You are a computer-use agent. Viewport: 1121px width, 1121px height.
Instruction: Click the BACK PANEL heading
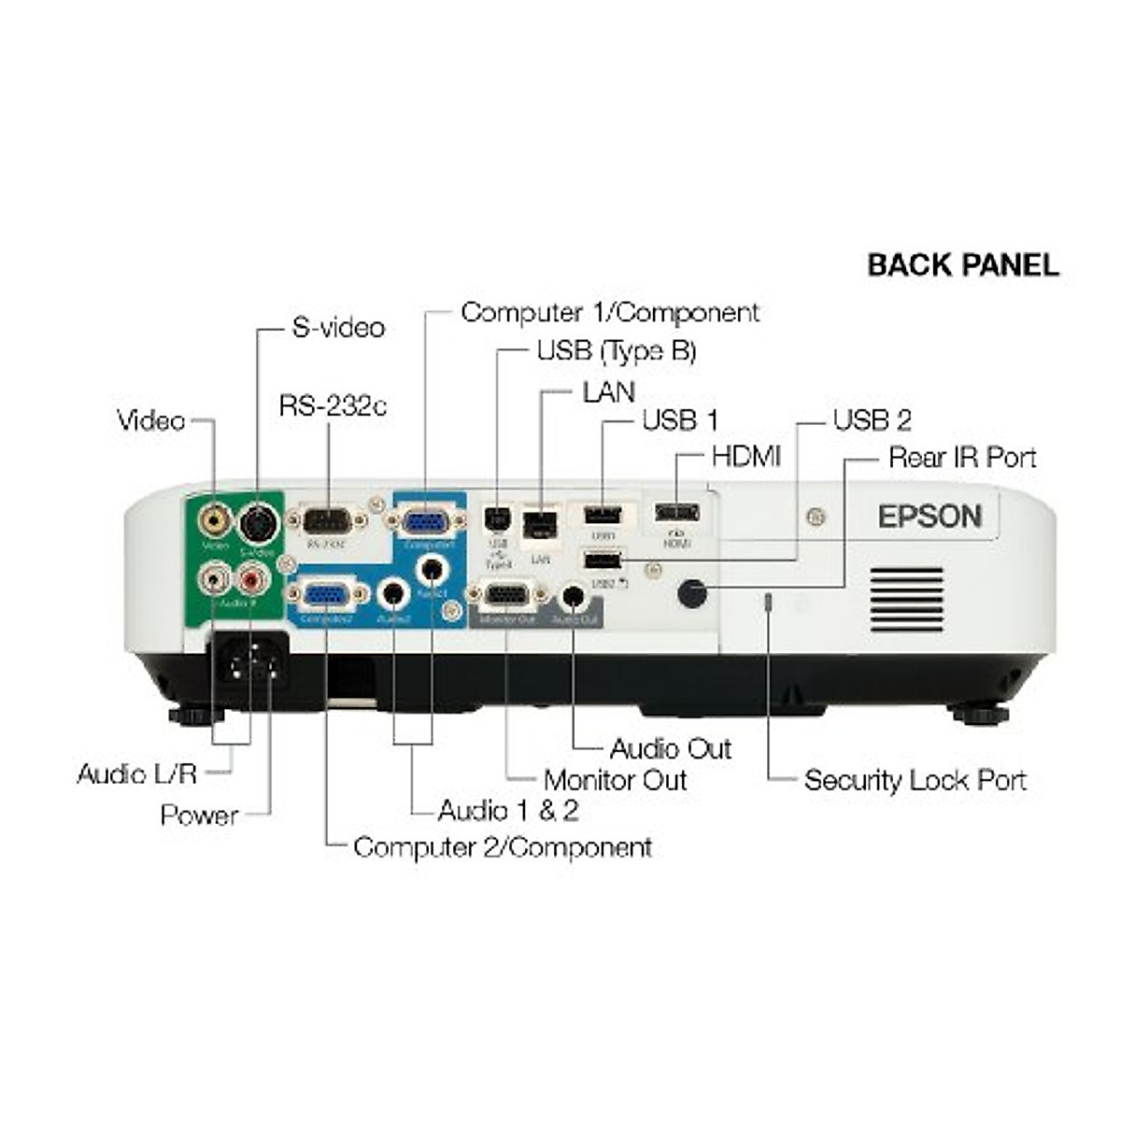[x=963, y=265]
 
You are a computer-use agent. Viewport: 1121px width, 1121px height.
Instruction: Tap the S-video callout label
[x=338, y=328]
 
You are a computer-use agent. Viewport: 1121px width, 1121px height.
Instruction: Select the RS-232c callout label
[x=333, y=406]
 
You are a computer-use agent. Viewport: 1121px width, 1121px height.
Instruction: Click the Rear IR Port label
[x=962, y=458]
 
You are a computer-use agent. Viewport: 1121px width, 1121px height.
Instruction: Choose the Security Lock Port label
[x=915, y=780]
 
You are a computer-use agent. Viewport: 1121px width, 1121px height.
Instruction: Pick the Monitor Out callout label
[x=615, y=780]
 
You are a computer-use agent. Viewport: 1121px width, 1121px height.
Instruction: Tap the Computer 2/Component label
[x=502, y=847]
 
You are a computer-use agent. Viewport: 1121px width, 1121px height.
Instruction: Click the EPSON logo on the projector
[x=929, y=517]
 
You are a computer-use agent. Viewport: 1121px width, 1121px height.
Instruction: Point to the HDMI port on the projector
[x=676, y=512]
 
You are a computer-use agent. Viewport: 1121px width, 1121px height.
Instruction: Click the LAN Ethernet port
[x=538, y=524]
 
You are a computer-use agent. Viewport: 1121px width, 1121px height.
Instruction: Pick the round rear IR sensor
[x=691, y=592]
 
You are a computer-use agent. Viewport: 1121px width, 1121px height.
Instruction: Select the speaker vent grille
[x=906, y=599]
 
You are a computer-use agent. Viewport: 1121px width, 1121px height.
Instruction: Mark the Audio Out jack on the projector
[x=573, y=596]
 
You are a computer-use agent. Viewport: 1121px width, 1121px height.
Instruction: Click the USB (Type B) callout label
[x=616, y=351]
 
